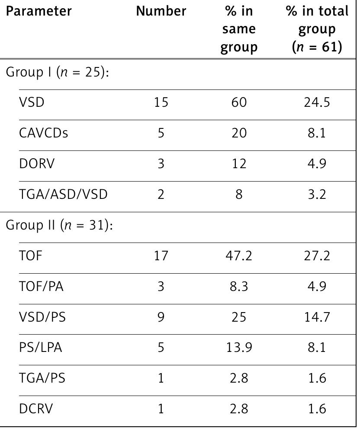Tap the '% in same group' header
pyautogui.click(x=239, y=29)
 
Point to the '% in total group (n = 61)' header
pyautogui.click(x=317, y=29)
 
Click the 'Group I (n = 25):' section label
pyautogui.click(x=56, y=72)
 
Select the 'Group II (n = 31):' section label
pyautogui.click(x=59, y=226)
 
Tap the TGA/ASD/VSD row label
pyautogui.click(x=63, y=195)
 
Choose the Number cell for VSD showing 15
pyautogui.click(x=161, y=102)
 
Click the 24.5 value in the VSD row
pyautogui.click(x=317, y=102)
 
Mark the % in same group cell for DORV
pyautogui.click(x=239, y=164)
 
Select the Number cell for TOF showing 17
pyautogui.click(x=161, y=256)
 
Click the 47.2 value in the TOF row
pyautogui.click(x=239, y=256)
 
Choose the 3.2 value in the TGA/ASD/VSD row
pyautogui.click(x=317, y=195)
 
